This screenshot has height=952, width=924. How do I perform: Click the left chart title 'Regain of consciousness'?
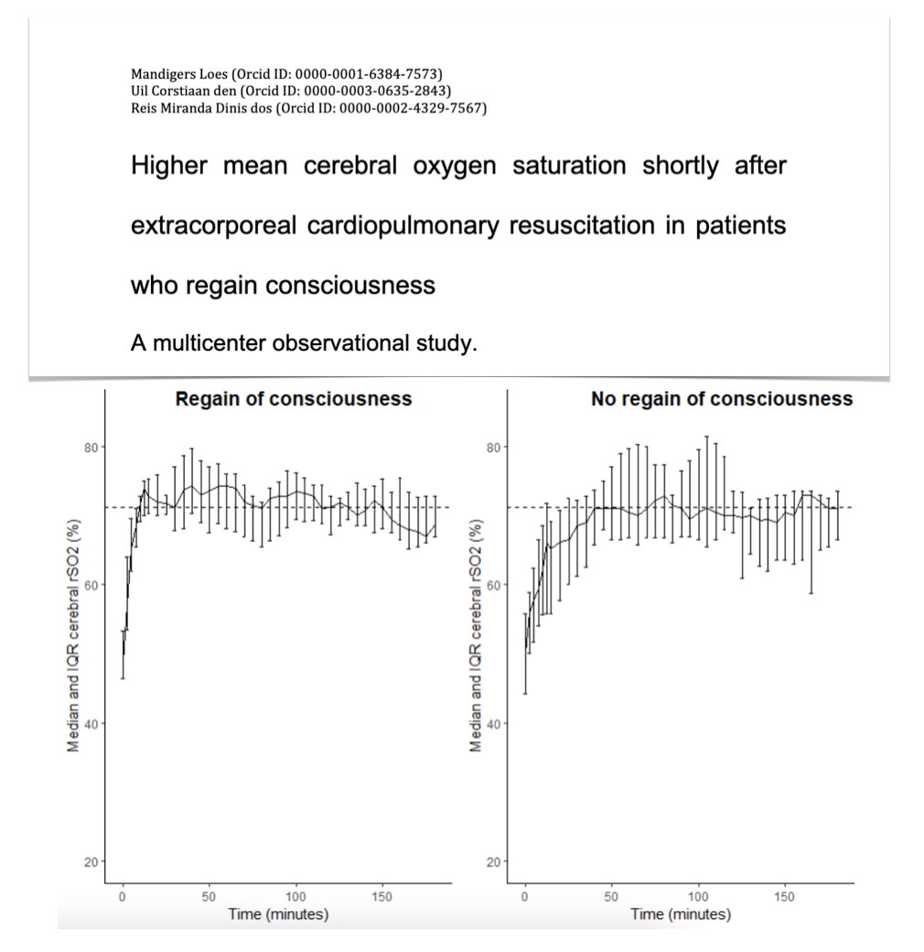[294, 399]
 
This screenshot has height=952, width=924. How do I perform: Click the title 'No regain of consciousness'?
[722, 399]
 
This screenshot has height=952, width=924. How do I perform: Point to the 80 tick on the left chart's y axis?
[90, 447]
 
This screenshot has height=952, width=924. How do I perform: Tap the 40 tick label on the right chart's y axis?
[492, 723]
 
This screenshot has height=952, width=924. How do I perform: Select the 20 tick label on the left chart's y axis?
[90, 861]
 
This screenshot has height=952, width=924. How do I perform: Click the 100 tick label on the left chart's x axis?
[295, 898]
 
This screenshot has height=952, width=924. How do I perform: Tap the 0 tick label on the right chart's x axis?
[525, 898]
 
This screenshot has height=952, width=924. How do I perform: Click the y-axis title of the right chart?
[477, 632]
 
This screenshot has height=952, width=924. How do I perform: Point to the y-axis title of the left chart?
[74, 632]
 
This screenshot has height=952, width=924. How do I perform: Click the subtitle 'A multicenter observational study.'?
[305, 344]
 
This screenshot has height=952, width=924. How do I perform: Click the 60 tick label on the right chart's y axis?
[492, 585]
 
